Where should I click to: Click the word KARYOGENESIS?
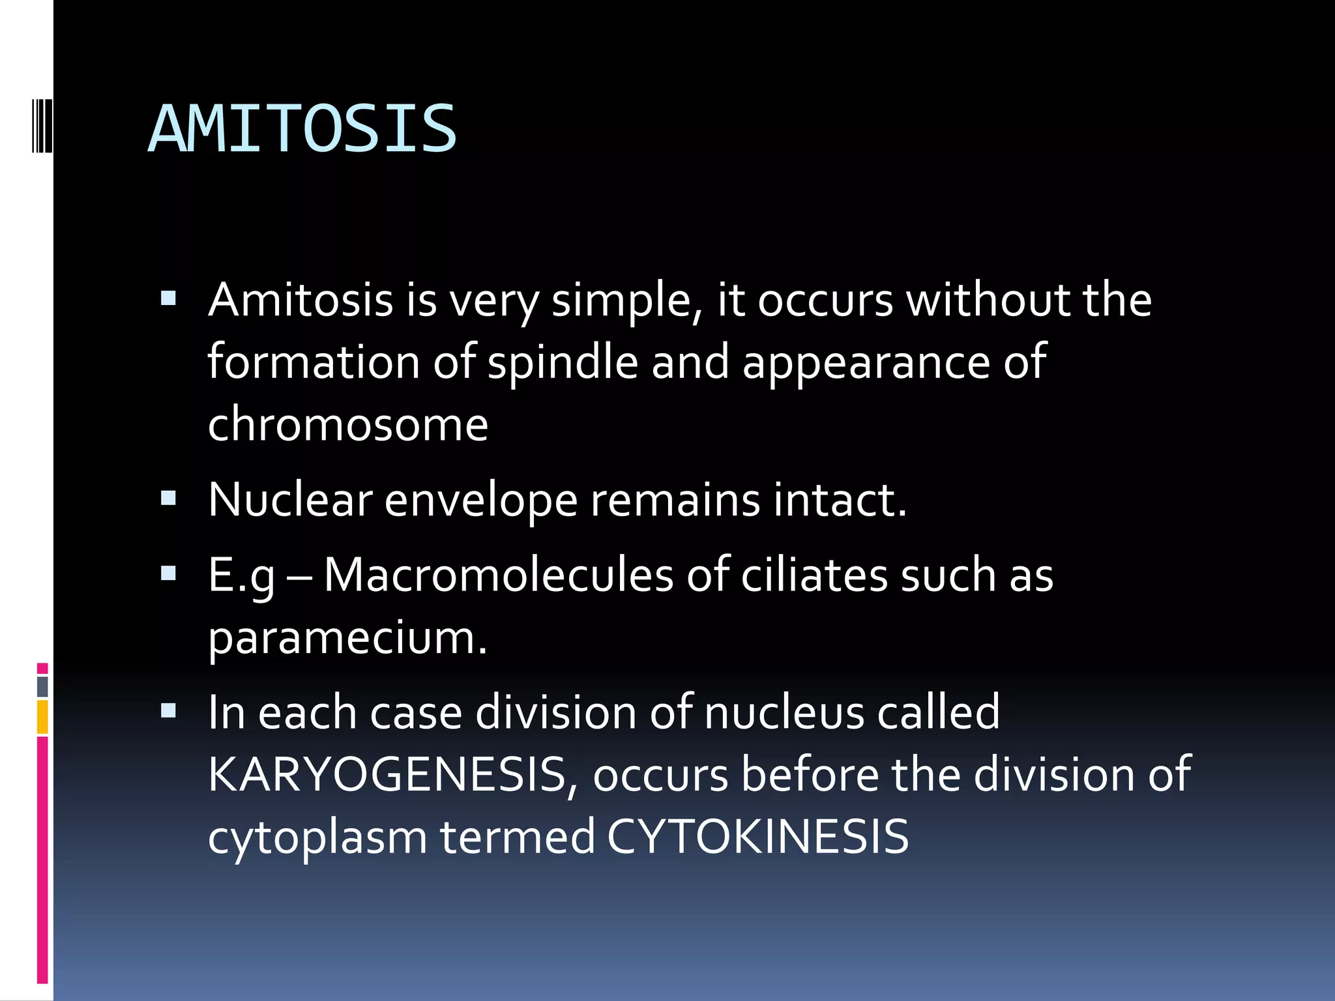387,775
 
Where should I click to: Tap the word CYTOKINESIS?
757,837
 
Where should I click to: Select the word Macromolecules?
499,575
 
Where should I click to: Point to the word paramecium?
347,639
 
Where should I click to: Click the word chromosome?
347,424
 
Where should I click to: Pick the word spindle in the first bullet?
563,363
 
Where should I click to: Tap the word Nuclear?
290,500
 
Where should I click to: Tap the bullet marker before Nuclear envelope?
168,499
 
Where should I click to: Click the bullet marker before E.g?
168,573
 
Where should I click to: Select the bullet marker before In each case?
168,710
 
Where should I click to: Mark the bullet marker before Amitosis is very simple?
168,298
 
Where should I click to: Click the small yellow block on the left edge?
42,717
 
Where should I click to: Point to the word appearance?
866,363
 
